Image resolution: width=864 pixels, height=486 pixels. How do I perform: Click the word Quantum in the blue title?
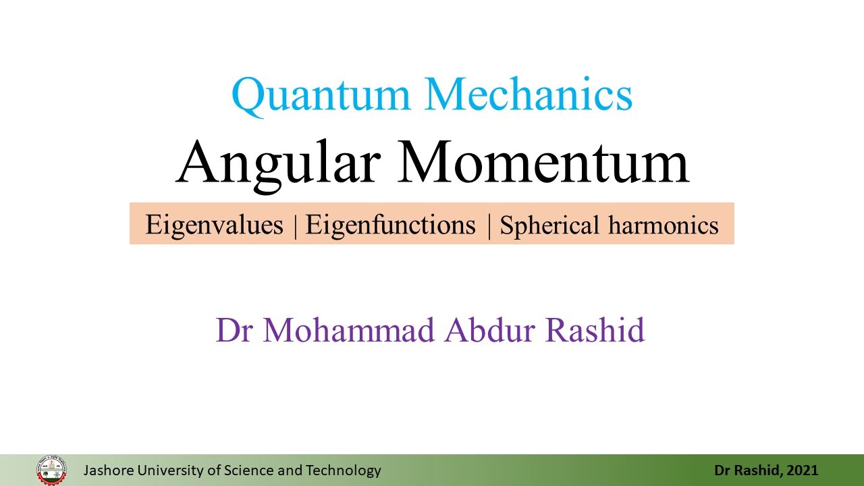coord(321,96)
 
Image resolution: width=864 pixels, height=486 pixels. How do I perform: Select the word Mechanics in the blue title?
coord(529,94)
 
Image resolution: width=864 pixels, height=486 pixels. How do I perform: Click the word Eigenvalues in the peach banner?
coord(214,225)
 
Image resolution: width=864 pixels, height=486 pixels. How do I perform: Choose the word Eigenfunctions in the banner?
coord(390,225)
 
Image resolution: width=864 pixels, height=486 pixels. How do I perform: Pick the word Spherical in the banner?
coord(549,225)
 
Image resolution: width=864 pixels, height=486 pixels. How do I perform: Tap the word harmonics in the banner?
coord(664,225)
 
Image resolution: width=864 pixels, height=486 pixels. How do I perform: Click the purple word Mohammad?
coord(349,330)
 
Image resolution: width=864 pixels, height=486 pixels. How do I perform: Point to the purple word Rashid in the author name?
coord(595,330)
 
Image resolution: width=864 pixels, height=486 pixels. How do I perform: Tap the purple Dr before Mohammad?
coord(234,330)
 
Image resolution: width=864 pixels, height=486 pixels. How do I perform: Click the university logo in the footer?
coord(52,470)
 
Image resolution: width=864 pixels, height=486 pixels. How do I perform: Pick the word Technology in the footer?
coord(344,471)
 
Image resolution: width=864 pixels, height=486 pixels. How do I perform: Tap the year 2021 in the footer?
coord(803,470)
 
